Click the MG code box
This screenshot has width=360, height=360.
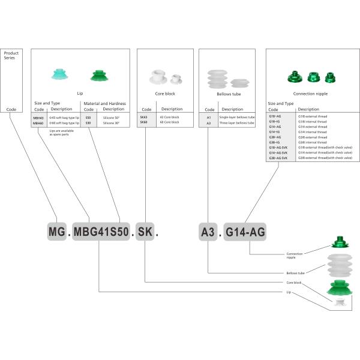[57, 231]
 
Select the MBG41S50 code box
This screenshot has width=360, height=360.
[101, 231]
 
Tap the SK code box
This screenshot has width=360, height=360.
[145, 231]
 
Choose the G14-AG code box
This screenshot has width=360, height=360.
[245, 231]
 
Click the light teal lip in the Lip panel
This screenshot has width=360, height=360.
[60, 76]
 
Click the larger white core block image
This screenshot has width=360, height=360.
[158, 77]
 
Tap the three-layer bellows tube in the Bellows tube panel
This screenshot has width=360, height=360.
[217, 79]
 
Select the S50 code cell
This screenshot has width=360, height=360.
[88, 118]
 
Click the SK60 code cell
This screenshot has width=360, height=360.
[143, 122]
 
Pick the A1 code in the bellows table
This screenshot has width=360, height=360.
[209, 118]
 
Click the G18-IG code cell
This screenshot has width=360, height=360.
[275, 122]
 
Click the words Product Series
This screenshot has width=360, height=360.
[11, 56]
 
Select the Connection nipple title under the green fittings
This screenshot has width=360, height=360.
[309, 94]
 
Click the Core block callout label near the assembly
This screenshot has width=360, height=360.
[294, 282]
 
